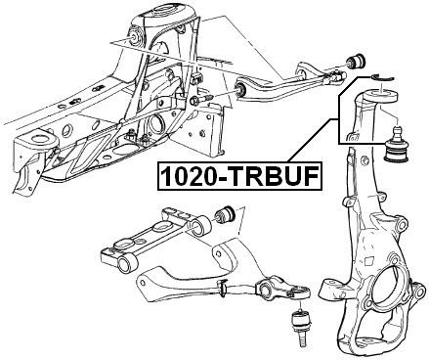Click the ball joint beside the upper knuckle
tap(402, 146)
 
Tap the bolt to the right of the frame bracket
tap(203, 102)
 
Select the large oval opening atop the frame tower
tap(162, 15)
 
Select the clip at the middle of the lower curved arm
tap(226, 287)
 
